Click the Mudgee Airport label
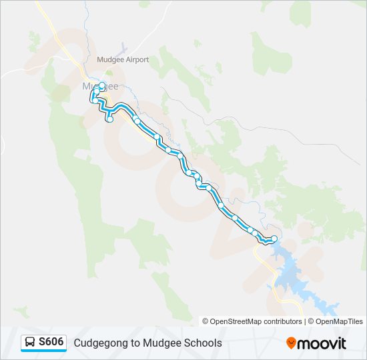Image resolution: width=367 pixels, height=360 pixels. point(123,60)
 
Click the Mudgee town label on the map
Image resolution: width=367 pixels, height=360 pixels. point(100,87)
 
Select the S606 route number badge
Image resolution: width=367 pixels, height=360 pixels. point(51,342)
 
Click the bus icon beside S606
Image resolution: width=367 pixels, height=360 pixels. point(30,343)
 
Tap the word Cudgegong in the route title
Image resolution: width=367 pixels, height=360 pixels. point(97,343)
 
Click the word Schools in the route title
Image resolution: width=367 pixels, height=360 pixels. point(204,343)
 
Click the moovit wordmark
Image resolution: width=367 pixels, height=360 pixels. point(322,343)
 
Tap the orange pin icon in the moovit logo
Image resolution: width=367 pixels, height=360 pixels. point(291,343)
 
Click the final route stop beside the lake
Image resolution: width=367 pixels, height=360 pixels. point(274,239)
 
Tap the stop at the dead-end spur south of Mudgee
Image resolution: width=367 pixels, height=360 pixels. point(109,119)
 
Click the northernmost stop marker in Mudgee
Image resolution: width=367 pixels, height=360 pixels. point(103,85)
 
